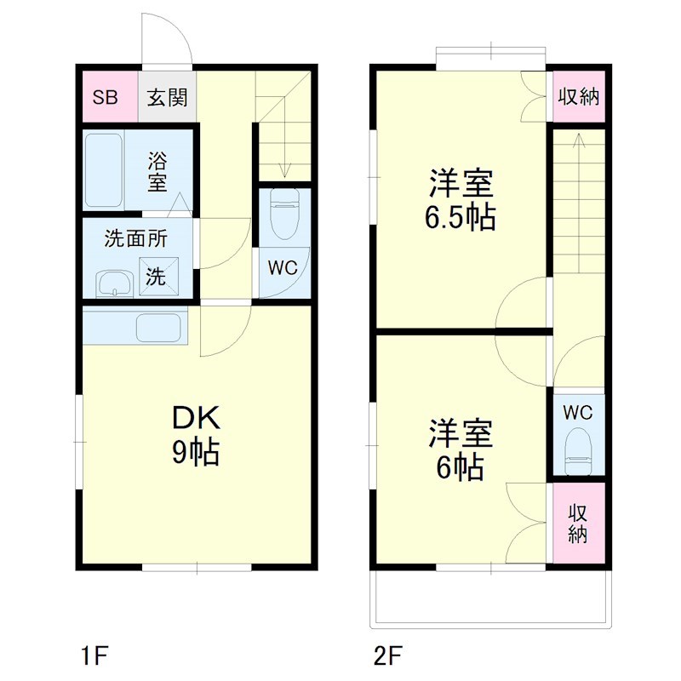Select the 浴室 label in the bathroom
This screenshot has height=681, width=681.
tap(157, 170)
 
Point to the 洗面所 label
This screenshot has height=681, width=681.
tap(136, 238)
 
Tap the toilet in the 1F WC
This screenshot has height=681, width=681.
tap(283, 215)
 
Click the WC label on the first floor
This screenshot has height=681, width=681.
tap(283, 267)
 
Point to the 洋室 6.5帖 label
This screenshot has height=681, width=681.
tap(461, 200)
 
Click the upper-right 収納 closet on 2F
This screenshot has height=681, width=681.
tap(579, 96)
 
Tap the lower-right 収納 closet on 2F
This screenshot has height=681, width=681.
tap(579, 523)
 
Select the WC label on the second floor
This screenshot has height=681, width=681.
tap(578, 412)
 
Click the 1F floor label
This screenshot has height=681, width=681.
tap(94, 656)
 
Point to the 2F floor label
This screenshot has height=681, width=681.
tap(387, 656)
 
